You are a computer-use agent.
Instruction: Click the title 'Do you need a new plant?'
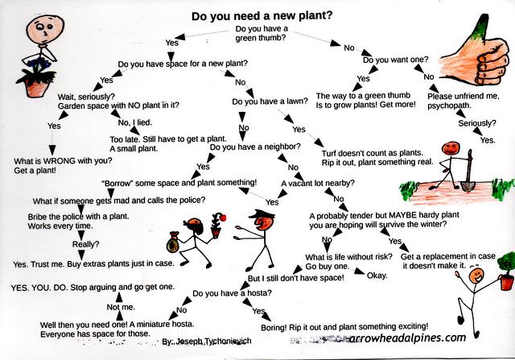pos(255,14)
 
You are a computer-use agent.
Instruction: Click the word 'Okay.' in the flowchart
pos(377,276)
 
